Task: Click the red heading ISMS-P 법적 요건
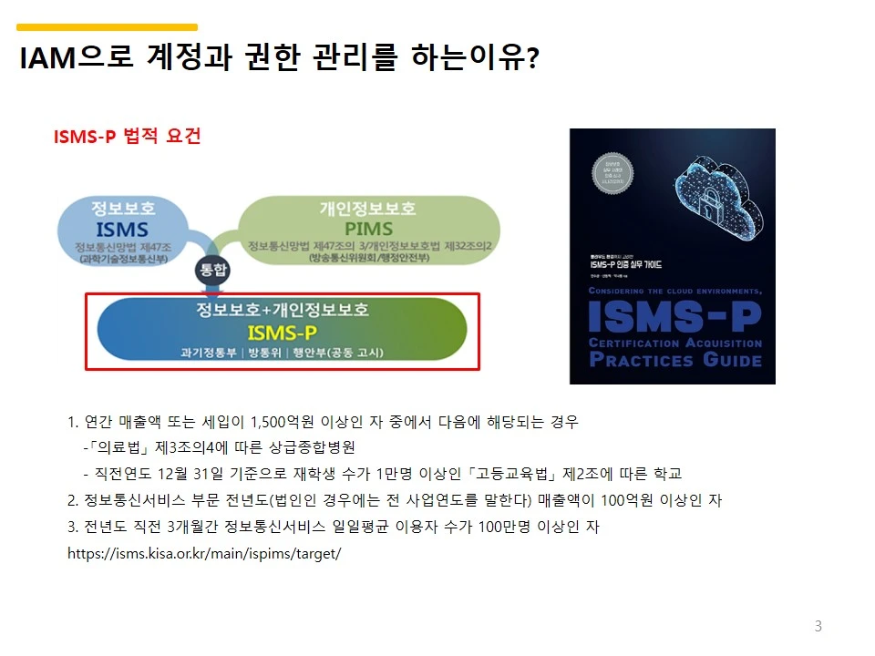(128, 137)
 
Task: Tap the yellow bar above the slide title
(108, 27)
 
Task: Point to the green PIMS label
(368, 228)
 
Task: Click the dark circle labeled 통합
(211, 271)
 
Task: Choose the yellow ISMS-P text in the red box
(283, 332)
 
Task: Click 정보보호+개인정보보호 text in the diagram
(283, 309)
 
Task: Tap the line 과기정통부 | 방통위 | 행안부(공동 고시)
(283, 353)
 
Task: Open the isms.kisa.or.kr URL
(204, 553)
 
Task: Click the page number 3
(818, 626)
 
